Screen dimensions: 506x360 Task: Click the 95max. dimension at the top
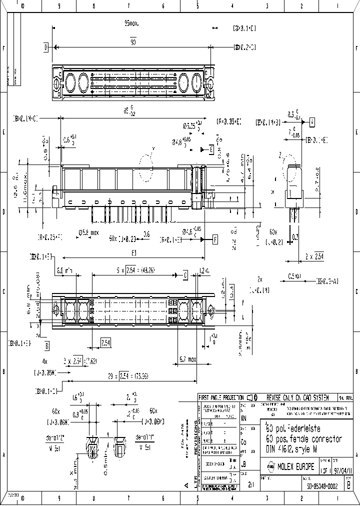click(131, 23)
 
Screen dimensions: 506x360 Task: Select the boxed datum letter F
click(215, 239)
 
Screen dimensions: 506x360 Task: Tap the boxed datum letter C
click(185, 275)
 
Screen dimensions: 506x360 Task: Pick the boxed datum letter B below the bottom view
click(46, 345)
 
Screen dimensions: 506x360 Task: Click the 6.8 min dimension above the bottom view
click(65, 270)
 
